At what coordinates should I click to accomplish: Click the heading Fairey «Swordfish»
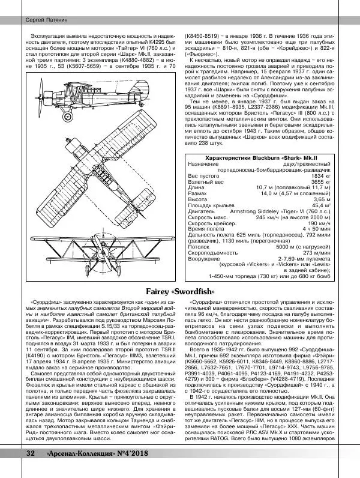(x=180, y=292)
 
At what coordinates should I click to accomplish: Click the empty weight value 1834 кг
(x=319, y=176)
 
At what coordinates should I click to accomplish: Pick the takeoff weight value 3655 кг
(x=319, y=182)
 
